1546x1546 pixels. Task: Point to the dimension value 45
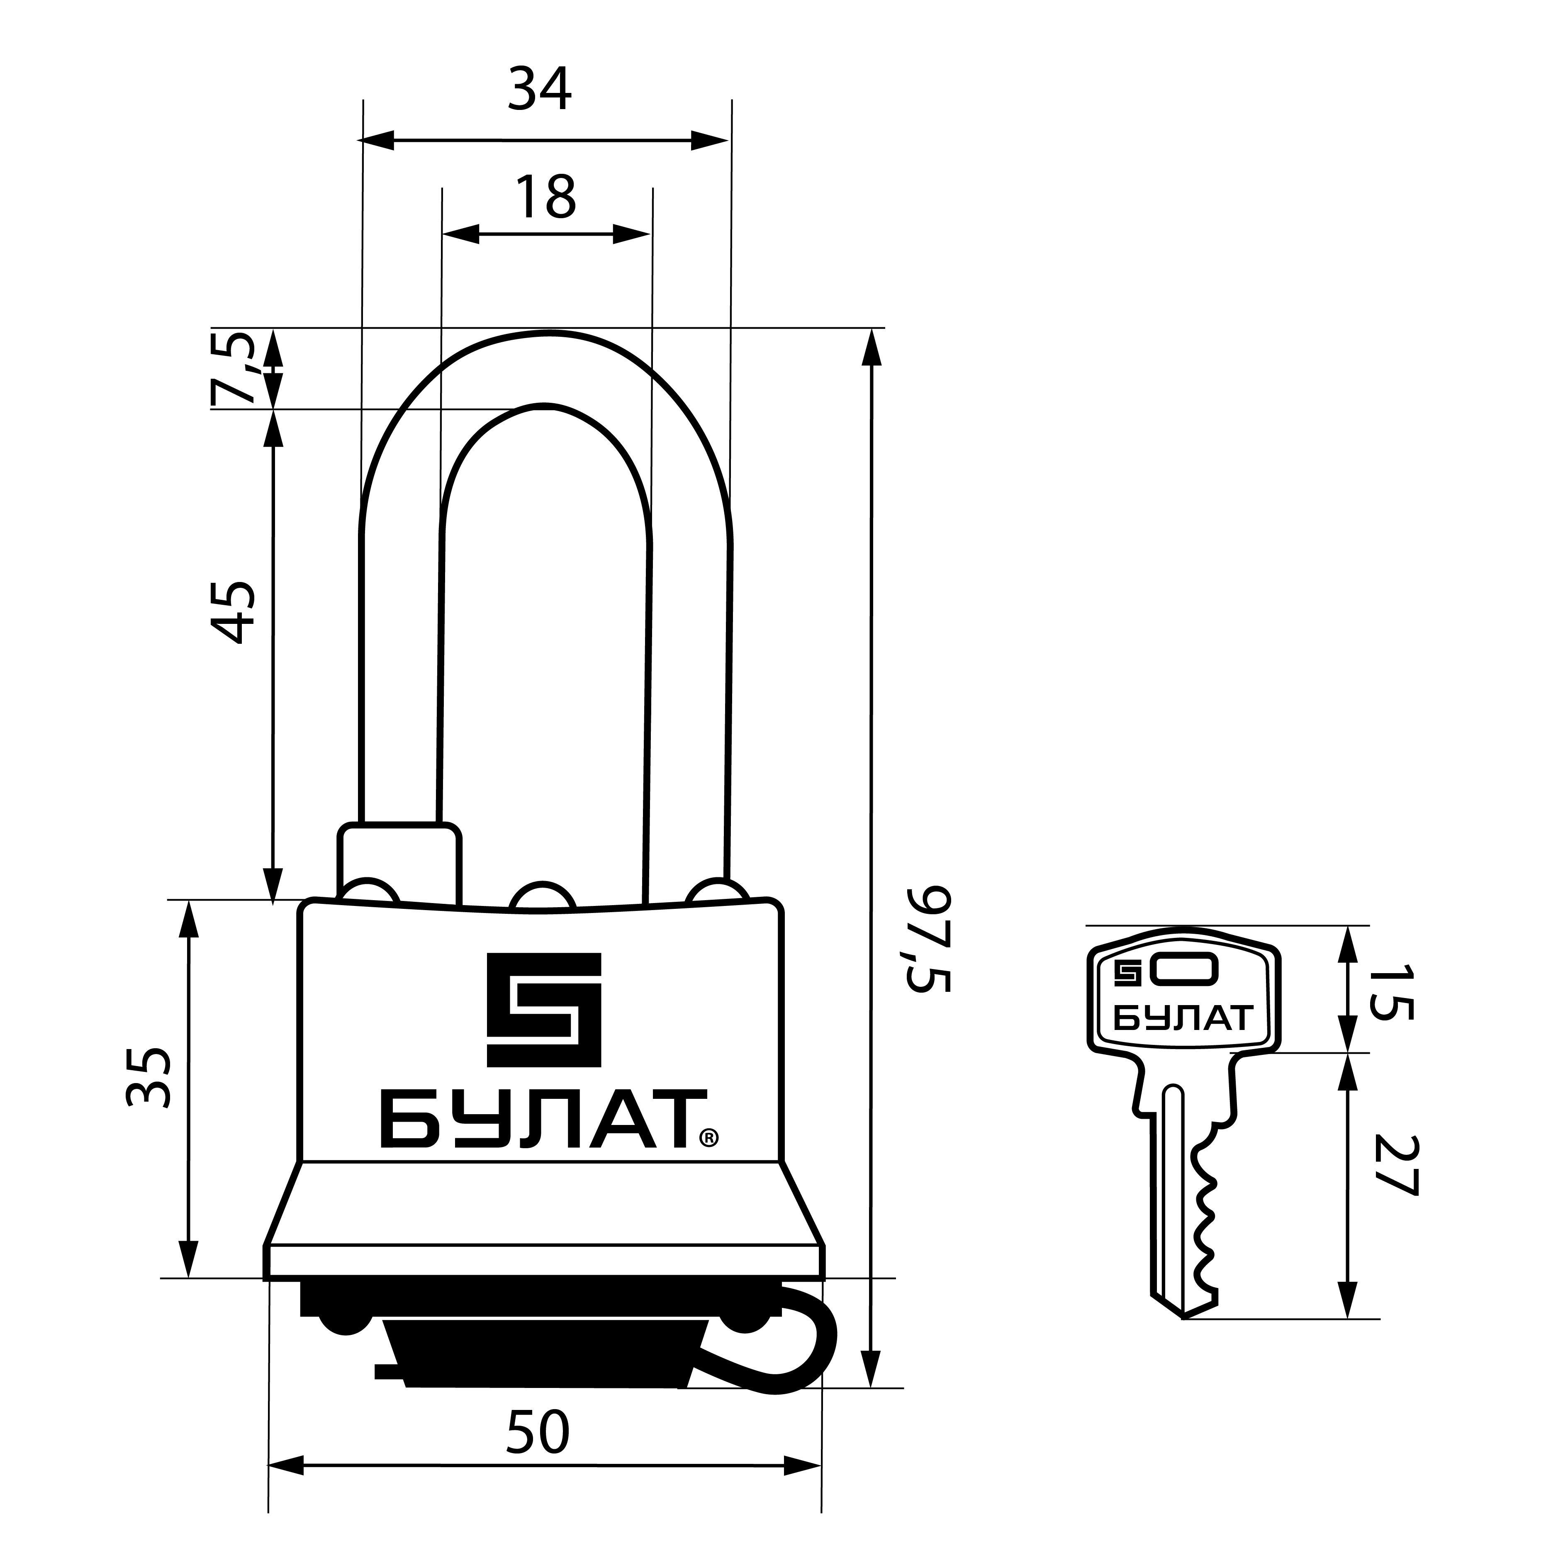point(233,613)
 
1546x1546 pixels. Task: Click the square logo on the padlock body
point(544,1010)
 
